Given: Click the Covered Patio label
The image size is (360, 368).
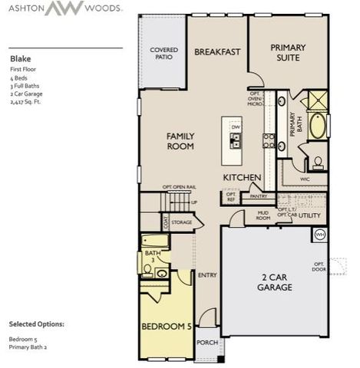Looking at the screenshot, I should click(164, 54).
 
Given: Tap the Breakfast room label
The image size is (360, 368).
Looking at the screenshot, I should click(217, 52).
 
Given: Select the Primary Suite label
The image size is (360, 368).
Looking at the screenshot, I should click(289, 52).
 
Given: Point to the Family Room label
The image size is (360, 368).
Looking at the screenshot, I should click(181, 140).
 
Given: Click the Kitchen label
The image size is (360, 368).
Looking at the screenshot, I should click(243, 178).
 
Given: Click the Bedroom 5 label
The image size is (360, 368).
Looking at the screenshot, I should click(166, 326).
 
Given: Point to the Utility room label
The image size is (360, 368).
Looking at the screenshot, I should click(309, 215).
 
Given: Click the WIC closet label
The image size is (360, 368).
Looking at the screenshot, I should click(306, 178).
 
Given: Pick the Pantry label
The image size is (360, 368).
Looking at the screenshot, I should click(259, 196).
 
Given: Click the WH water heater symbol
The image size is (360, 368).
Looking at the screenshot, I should click(320, 235).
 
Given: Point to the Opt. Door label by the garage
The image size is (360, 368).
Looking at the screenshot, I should click(318, 267).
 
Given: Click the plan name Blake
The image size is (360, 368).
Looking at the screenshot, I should click(20, 58).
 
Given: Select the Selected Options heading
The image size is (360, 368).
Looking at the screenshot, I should click(37, 324).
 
